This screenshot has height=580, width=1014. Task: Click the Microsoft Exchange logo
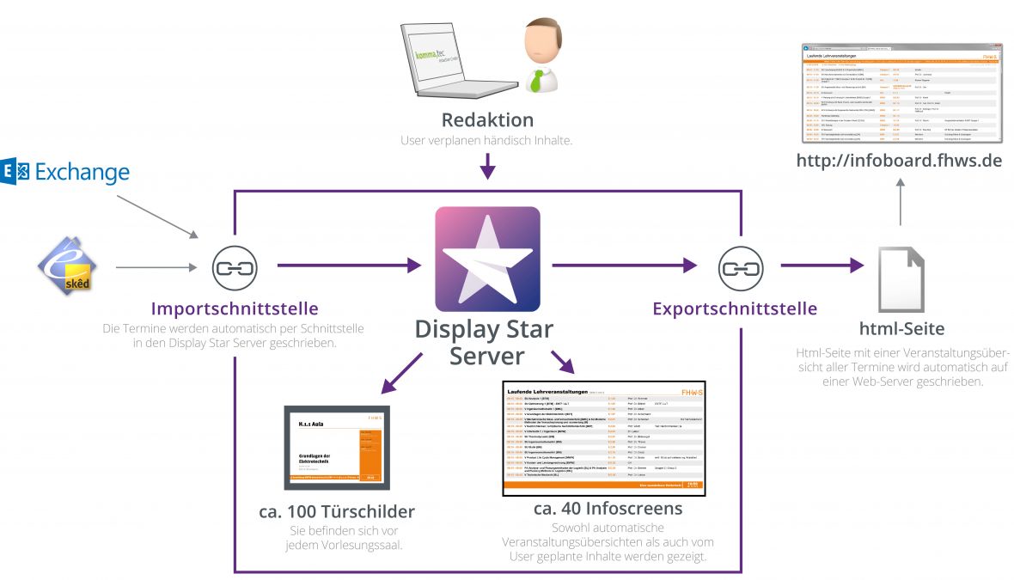[66, 172]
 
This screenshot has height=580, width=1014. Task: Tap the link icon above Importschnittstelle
[230, 268]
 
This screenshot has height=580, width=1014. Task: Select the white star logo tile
[487, 259]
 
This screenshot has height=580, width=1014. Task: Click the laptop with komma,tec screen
[446, 60]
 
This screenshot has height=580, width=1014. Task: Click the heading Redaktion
[487, 119]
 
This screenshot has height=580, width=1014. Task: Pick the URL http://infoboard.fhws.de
[899, 160]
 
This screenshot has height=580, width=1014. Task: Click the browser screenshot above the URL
[899, 92]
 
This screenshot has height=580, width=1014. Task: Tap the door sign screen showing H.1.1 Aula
[337, 447]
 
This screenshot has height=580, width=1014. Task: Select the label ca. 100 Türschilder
[337, 511]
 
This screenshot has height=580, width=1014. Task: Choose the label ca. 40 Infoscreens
[608, 509]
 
